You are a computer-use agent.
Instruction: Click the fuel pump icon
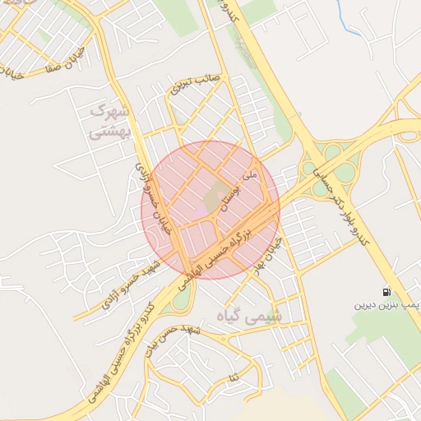coord(386,292)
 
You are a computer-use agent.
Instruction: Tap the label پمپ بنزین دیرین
coord(386,305)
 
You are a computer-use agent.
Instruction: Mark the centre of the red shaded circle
coord(210,210)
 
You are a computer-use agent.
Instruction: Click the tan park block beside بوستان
coord(216,197)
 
